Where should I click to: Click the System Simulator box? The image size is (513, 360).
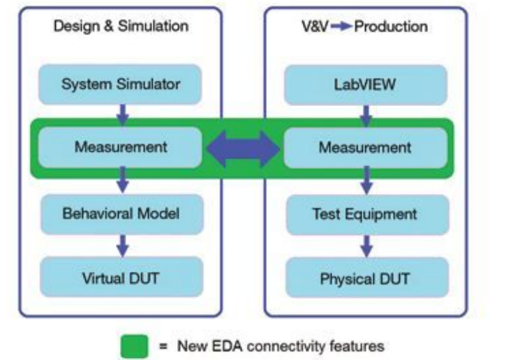point(121,85)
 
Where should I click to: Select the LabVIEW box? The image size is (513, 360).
point(365,85)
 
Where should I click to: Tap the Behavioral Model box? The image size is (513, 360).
point(121,213)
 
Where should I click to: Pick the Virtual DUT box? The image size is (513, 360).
point(121,278)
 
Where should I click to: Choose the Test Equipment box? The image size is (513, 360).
point(365,213)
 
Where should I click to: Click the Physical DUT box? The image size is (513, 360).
point(365,279)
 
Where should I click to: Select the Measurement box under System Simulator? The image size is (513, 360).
point(121,147)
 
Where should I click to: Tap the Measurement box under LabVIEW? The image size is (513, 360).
point(365,148)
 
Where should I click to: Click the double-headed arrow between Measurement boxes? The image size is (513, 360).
point(244,148)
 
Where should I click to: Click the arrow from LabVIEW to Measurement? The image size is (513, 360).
point(366,114)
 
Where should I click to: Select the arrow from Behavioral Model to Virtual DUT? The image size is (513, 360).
point(122,244)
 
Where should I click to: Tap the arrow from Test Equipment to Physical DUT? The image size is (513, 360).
point(366,245)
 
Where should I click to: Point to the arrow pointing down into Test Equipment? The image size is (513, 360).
point(366,181)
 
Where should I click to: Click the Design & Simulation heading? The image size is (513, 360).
point(121,27)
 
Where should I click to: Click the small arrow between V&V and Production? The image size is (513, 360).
point(341,27)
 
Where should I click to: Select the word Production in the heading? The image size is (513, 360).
point(390,27)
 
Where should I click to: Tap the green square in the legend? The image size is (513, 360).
point(135,345)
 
